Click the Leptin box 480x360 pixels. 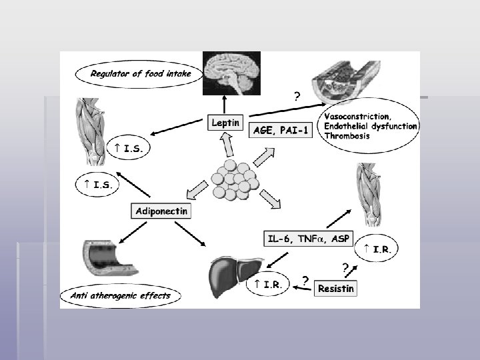point(225,123)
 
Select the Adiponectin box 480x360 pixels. point(162,211)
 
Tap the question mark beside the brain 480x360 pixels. point(297,96)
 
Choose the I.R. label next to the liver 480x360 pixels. point(267,285)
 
